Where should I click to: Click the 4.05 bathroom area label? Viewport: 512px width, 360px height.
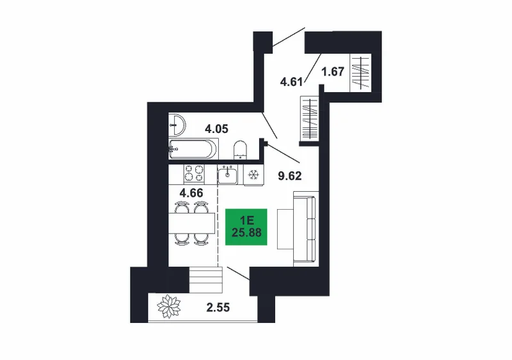click(216, 129)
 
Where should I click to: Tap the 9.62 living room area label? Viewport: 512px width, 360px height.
click(290, 176)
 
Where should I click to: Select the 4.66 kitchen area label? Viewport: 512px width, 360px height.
click(191, 193)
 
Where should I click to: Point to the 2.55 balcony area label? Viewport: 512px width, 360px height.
click(218, 308)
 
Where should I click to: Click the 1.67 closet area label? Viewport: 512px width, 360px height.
click(333, 72)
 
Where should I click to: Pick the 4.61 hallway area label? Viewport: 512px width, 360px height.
click(292, 82)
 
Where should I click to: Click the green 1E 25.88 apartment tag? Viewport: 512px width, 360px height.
click(246, 227)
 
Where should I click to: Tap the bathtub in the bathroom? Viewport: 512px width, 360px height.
click(193, 149)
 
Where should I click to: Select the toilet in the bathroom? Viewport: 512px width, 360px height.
click(241, 150)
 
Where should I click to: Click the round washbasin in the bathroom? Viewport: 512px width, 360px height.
click(177, 125)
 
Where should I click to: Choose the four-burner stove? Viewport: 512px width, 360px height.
click(195, 173)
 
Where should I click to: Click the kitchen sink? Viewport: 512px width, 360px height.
click(228, 175)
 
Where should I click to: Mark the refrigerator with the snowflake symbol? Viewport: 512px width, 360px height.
click(253, 175)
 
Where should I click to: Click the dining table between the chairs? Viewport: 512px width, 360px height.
click(191, 223)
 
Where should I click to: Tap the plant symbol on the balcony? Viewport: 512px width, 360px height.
click(169, 306)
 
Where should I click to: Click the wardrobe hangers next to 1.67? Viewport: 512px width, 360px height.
click(360, 73)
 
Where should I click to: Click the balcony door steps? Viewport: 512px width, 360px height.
click(205, 279)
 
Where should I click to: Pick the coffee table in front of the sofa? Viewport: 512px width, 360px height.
click(285, 229)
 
